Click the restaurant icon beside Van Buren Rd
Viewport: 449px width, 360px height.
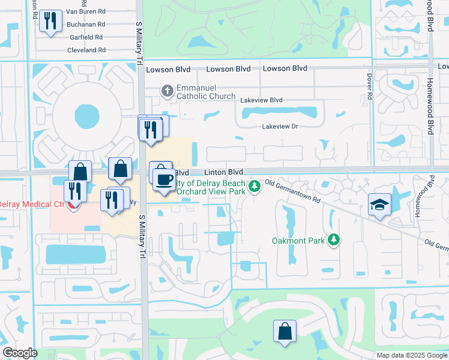(x=49, y=22)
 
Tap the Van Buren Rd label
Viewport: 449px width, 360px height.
(x=85, y=11)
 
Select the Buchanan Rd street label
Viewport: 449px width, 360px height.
(x=85, y=25)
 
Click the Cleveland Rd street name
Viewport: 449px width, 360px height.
(x=86, y=50)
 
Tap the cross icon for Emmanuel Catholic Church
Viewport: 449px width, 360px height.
(x=167, y=91)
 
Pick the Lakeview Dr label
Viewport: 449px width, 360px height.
(x=280, y=126)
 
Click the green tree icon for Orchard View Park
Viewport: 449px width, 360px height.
(x=255, y=187)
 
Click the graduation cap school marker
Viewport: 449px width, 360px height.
(x=379, y=205)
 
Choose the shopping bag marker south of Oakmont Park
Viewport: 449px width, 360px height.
(x=285, y=331)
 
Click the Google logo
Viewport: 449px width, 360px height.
(x=20, y=353)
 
